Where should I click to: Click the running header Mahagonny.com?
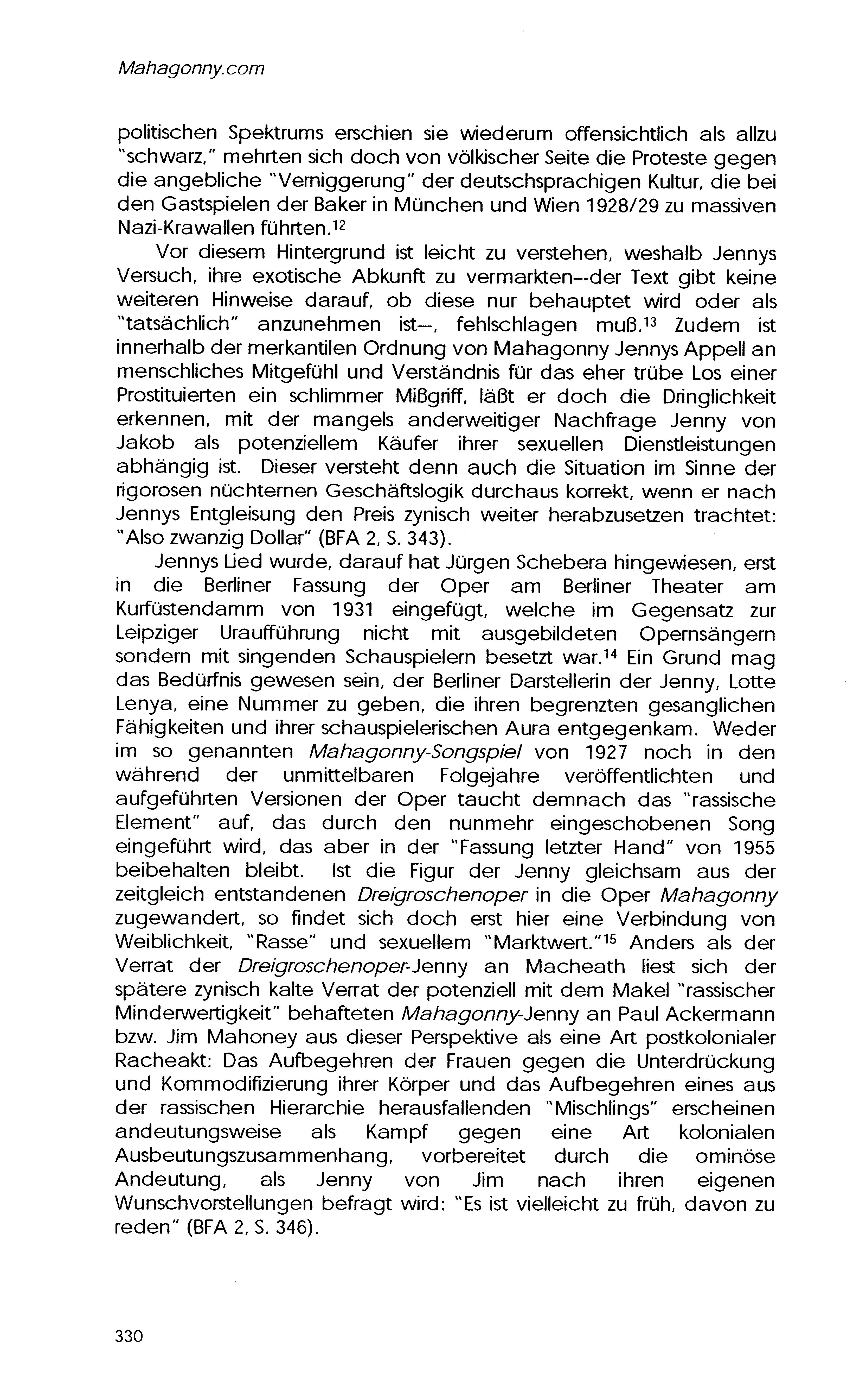[x=190, y=69]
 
